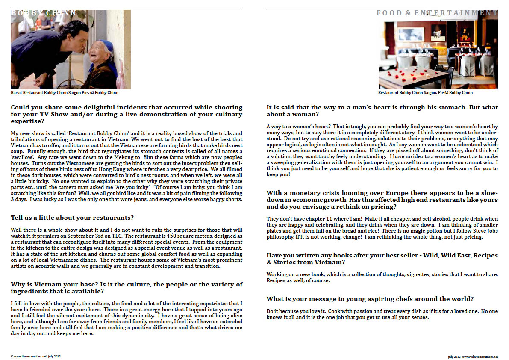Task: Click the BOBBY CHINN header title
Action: (x=44, y=13)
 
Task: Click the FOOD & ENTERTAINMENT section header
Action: (x=437, y=13)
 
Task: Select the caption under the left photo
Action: (x=65, y=93)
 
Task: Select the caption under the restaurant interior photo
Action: (x=425, y=93)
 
